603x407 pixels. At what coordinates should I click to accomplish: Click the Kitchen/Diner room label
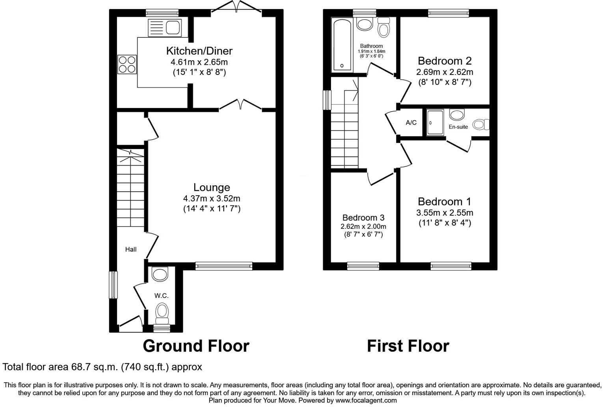coord(199,51)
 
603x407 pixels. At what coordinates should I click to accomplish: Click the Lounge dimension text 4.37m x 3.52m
coord(212,198)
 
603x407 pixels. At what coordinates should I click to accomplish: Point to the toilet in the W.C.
coord(162,311)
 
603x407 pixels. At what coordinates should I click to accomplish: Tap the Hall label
coord(131,249)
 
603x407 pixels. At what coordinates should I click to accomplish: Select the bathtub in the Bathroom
coord(342,44)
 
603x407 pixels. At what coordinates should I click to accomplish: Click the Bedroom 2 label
coord(444,61)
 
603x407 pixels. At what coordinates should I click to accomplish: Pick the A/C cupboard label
coord(411,123)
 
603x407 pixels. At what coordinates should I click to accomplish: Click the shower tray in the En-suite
coord(435,123)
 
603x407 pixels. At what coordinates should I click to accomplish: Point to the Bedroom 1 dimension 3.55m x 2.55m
coord(445,213)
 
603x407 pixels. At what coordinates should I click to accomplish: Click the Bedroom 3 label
coord(363,218)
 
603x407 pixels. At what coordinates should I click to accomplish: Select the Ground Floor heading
coord(196,346)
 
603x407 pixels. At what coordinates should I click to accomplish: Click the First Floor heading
coord(408,346)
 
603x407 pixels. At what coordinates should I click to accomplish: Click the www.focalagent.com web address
coord(366,400)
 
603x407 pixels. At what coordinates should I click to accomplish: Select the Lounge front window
coord(223,266)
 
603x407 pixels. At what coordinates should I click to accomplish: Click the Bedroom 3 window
coord(363,266)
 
